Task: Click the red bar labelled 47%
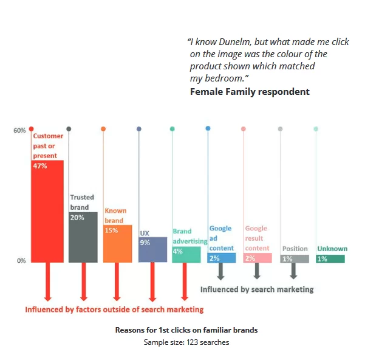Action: point(47,213)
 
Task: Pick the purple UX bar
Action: point(152,251)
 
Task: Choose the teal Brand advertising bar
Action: point(186,255)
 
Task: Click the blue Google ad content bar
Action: point(221,258)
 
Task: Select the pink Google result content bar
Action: point(258,258)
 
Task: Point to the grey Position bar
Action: point(294,259)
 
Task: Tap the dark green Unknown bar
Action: point(330,259)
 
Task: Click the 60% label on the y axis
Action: point(19,130)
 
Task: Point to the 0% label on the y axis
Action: point(21,261)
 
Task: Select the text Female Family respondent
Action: point(250,92)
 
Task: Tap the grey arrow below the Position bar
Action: point(294,271)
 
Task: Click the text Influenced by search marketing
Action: point(257,289)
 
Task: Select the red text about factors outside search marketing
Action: point(114,310)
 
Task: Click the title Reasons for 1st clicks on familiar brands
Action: point(186,330)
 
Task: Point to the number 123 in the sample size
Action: point(188,342)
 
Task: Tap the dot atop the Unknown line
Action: point(316,129)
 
